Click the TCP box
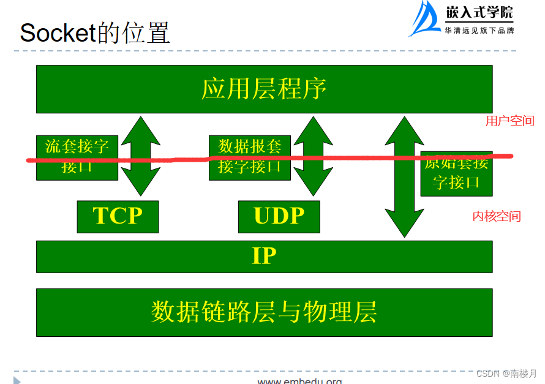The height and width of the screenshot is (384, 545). coord(118,217)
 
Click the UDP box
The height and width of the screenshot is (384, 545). coord(279,217)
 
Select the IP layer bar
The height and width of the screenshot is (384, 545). coord(264,256)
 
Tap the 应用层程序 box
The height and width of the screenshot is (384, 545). coord(264,89)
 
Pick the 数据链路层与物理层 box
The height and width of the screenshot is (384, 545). coord(264,312)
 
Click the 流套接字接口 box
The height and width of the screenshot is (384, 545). coord(77,157)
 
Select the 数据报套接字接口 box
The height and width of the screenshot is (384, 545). coord(249,157)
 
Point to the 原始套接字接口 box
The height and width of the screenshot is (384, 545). coord(456,173)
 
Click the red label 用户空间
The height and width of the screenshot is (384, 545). coord(509,121)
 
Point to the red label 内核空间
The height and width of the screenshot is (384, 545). coord(496,216)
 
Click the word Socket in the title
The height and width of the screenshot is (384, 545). coord(58,32)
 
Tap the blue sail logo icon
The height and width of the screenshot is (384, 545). coord(424,19)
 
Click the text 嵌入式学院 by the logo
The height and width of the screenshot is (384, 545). coord(479,12)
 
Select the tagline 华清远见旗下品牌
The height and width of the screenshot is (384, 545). coord(479,30)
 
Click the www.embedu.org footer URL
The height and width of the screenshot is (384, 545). coord(299,381)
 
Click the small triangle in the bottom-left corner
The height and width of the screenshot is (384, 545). coord(17,380)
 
